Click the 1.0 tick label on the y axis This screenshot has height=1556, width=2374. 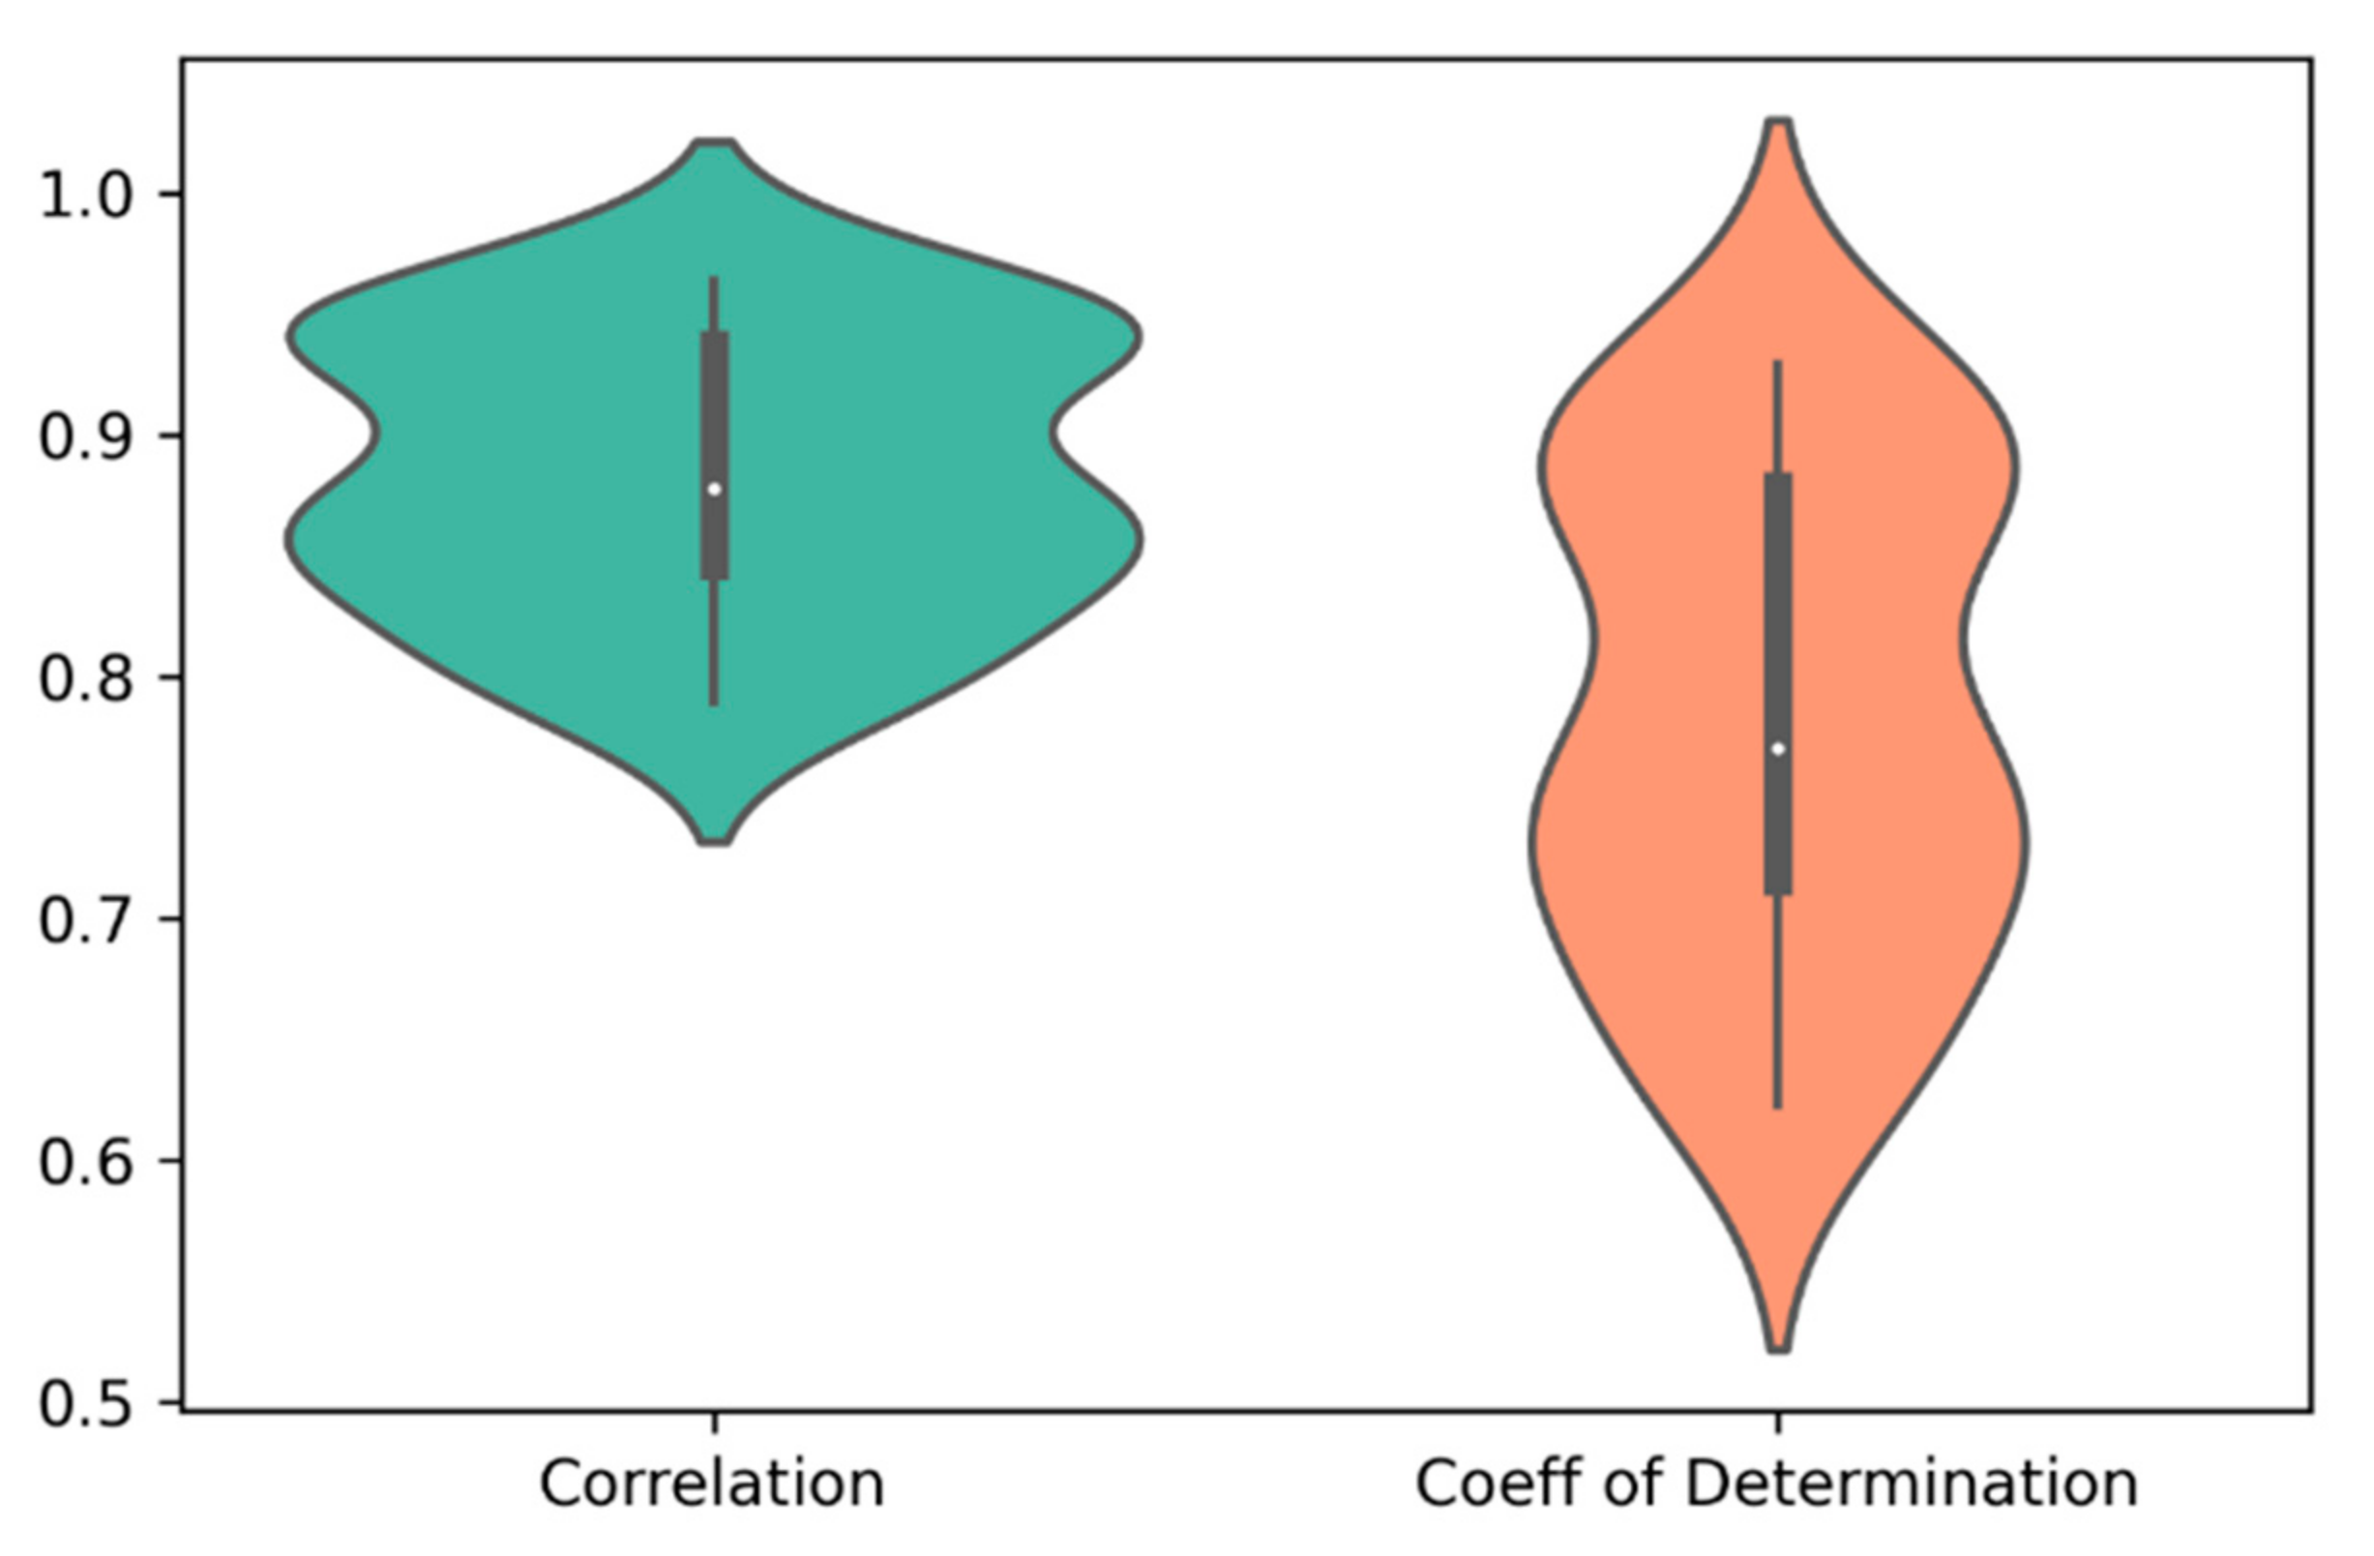(x=85, y=195)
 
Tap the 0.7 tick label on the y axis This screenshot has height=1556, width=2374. (x=85, y=920)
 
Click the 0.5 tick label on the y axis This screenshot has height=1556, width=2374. (x=85, y=1404)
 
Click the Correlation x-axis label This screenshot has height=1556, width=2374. (x=712, y=1483)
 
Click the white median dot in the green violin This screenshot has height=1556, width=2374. (x=714, y=489)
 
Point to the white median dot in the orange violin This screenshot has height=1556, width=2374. (x=1777, y=749)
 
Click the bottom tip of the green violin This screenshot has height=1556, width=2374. (x=715, y=842)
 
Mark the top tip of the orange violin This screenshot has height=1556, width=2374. (x=1779, y=122)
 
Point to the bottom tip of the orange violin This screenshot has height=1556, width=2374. (x=1779, y=1350)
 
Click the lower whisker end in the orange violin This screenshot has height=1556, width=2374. (x=1777, y=1105)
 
